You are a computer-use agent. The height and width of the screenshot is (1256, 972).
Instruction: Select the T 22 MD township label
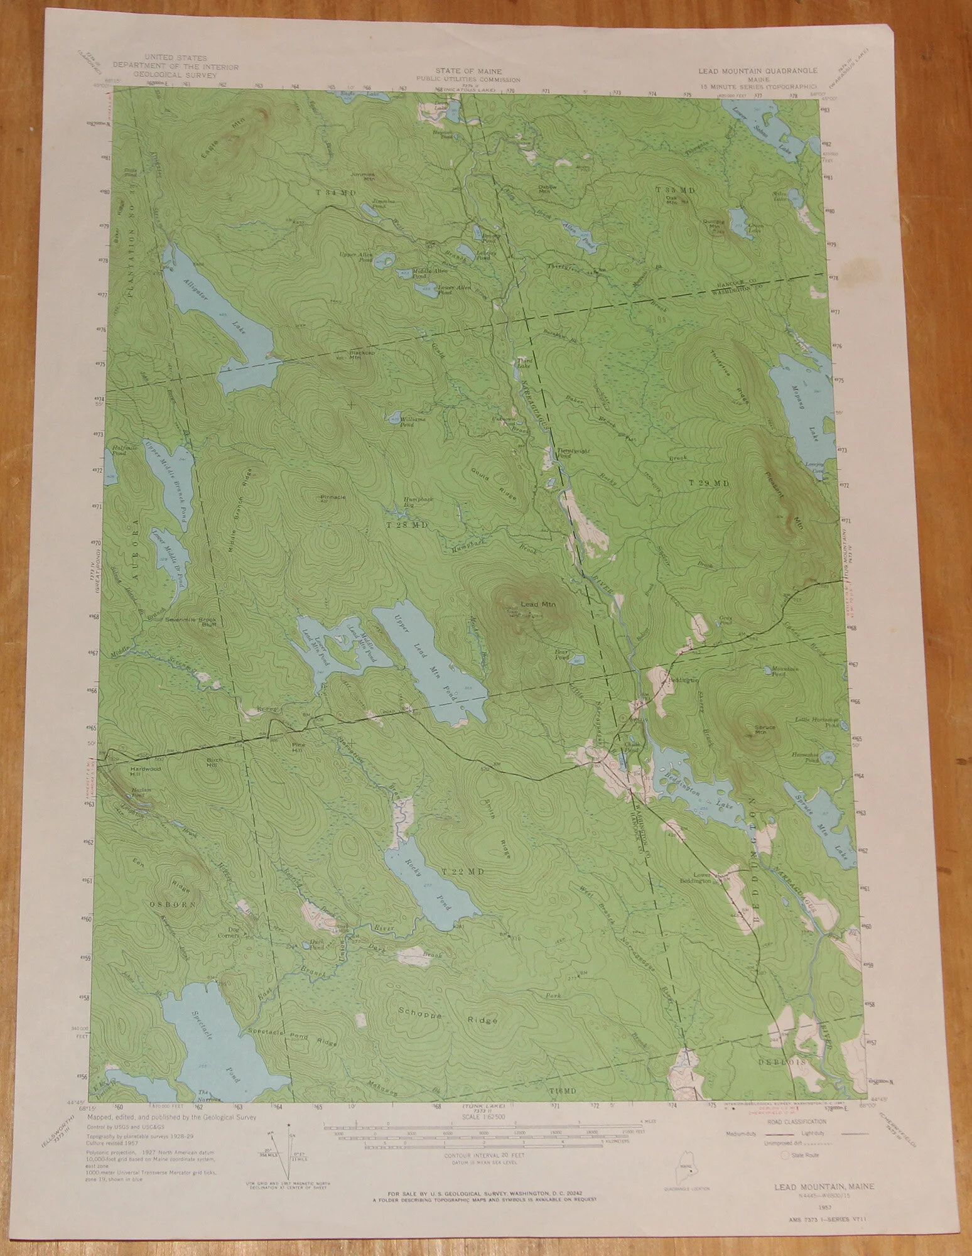pos(463,872)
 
